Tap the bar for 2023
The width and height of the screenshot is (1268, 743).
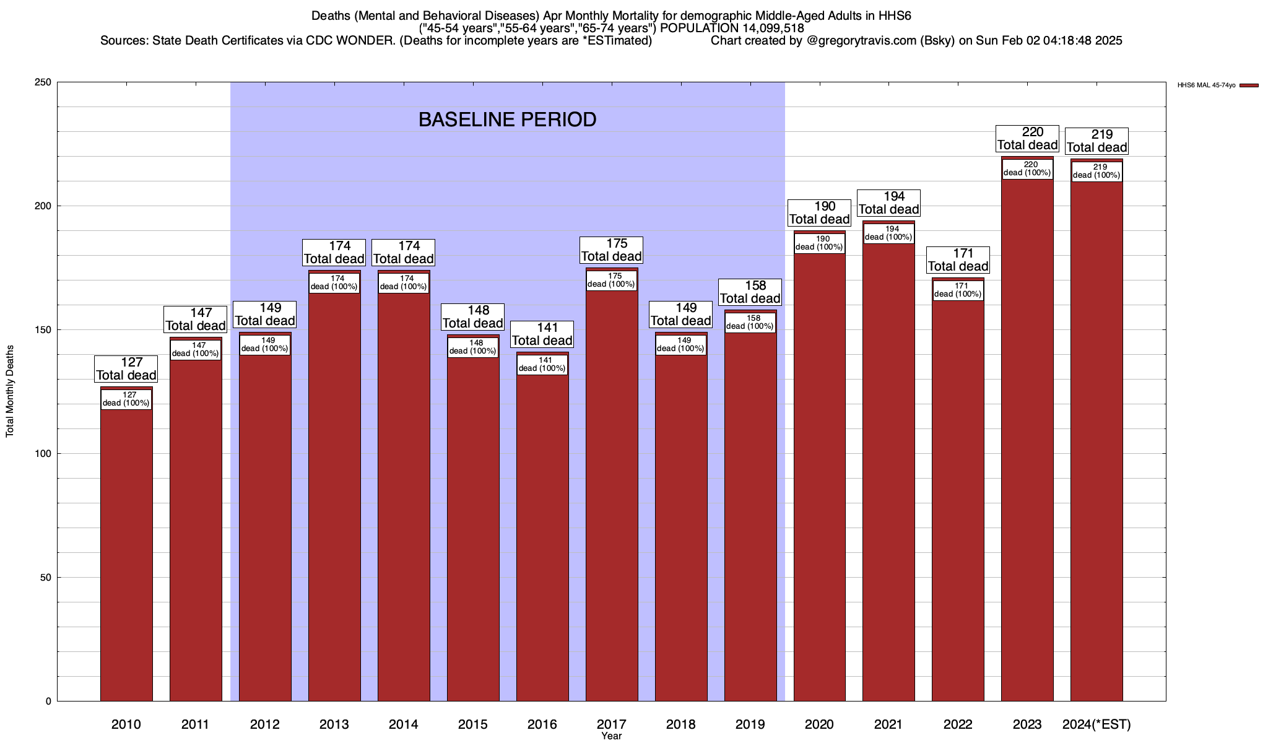pyautogui.click(x=1027, y=433)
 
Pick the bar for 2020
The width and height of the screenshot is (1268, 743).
pyautogui.click(x=820, y=471)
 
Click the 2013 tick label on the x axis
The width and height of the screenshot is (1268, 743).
pyautogui.click(x=334, y=724)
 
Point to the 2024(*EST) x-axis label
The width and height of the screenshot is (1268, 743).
pyautogui.click(x=1096, y=724)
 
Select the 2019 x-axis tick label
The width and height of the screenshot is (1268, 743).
pyautogui.click(x=750, y=724)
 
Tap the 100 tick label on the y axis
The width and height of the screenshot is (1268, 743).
pyautogui.click(x=43, y=454)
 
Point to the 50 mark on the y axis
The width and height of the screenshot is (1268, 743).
pyautogui.click(x=46, y=578)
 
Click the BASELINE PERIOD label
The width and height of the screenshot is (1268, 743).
pyautogui.click(x=507, y=119)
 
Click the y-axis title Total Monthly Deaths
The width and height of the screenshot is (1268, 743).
pyautogui.click(x=10, y=391)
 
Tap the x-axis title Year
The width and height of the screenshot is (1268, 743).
pyautogui.click(x=611, y=736)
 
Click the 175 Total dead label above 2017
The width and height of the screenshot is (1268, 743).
pyautogui.click(x=612, y=250)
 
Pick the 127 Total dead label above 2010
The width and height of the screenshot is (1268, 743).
pyautogui.click(x=126, y=369)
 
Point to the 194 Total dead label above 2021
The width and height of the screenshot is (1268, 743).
pyautogui.click(x=889, y=203)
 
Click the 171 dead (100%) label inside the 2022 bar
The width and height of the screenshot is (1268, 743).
pyautogui.click(x=958, y=290)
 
